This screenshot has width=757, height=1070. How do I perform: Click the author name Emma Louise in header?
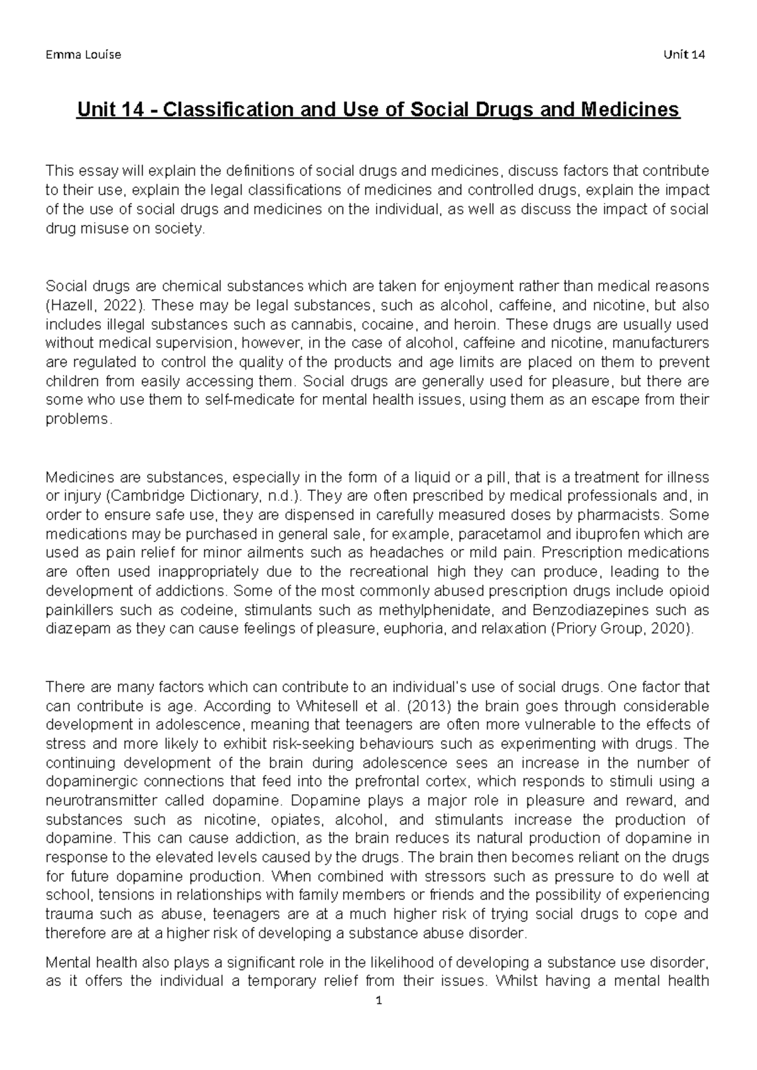pyautogui.click(x=83, y=54)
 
